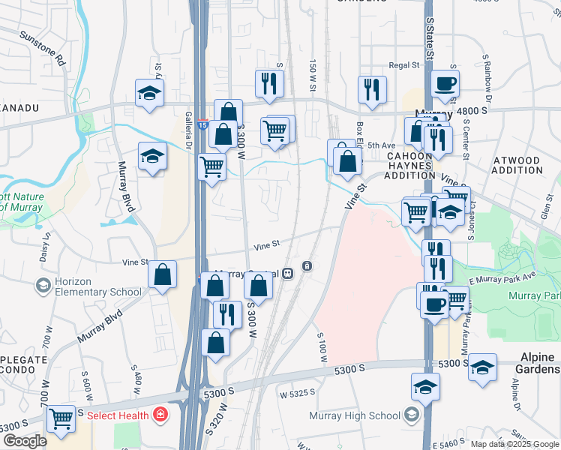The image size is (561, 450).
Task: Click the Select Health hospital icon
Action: click(160, 414)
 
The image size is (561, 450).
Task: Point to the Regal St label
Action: click(403, 66)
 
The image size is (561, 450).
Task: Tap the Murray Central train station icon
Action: click(307, 266)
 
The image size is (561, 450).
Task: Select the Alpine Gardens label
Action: click(537, 364)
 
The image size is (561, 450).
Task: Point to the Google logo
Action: click(25, 441)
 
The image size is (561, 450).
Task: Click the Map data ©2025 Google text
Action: click(514, 444)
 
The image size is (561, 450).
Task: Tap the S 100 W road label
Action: click(322, 348)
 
